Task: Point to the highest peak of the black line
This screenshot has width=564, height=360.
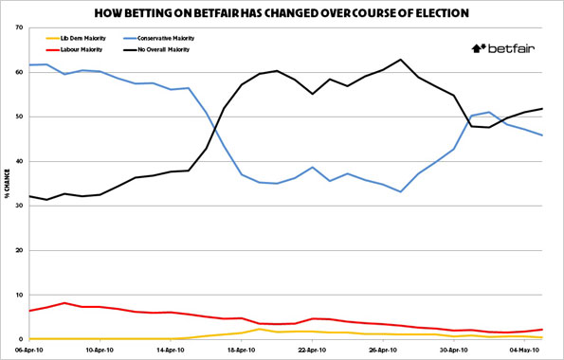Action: coord(402,60)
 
